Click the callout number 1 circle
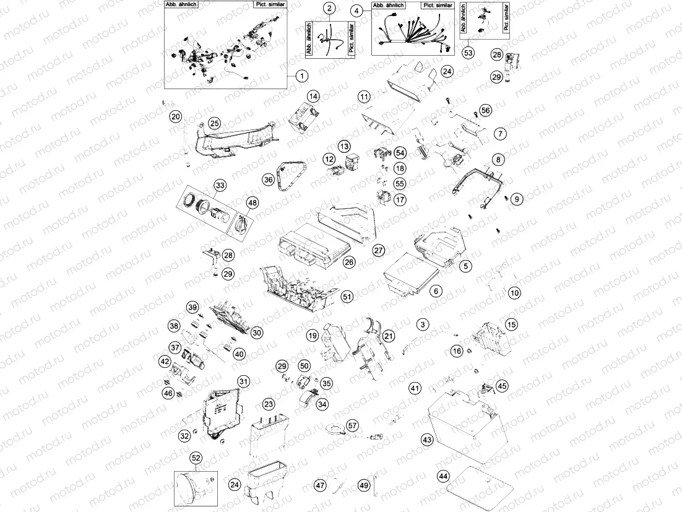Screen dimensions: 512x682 pyautogui.click(x=301, y=76)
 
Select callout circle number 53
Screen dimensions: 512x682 pyautogui.click(x=468, y=53)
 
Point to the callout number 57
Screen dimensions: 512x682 pyautogui.click(x=352, y=425)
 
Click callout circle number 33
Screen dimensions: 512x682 pyautogui.click(x=219, y=185)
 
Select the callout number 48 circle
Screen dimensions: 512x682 pyautogui.click(x=253, y=202)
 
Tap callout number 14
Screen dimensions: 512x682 pyautogui.click(x=314, y=96)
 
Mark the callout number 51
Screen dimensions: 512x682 pyautogui.click(x=347, y=297)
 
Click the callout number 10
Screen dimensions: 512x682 pyautogui.click(x=514, y=293)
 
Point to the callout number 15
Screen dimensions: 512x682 pyautogui.click(x=511, y=324)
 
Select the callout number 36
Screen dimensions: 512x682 pyautogui.click(x=268, y=180)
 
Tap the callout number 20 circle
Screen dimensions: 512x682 pyautogui.click(x=176, y=116)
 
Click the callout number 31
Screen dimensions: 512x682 pyautogui.click(x=244, y=381)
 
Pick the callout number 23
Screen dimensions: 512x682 pyautogui.click(x=268, y=404)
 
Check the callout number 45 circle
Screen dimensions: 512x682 pyautogui.click(x=501, y=385)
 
